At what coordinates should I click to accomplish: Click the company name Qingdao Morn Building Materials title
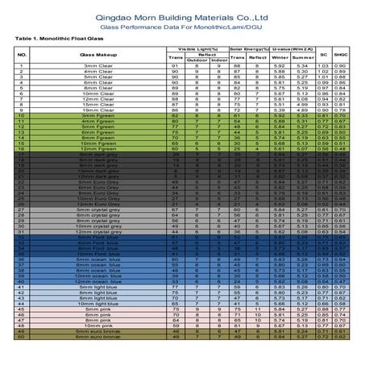click(183, 14)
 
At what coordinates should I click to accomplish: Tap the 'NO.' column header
click(22, 54)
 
